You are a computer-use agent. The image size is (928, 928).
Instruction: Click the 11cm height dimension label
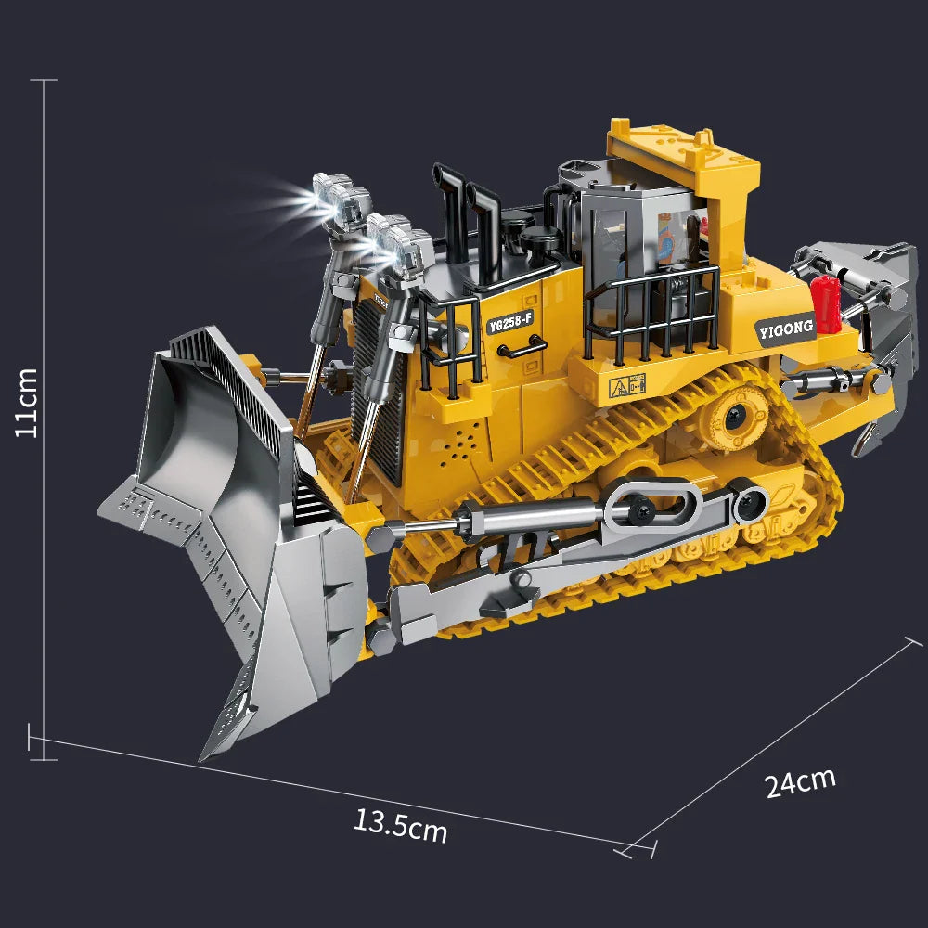point(28,402)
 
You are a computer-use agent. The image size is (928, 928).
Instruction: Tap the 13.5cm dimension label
point(400,824)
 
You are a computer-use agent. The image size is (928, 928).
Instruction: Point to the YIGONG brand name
point(785,327)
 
